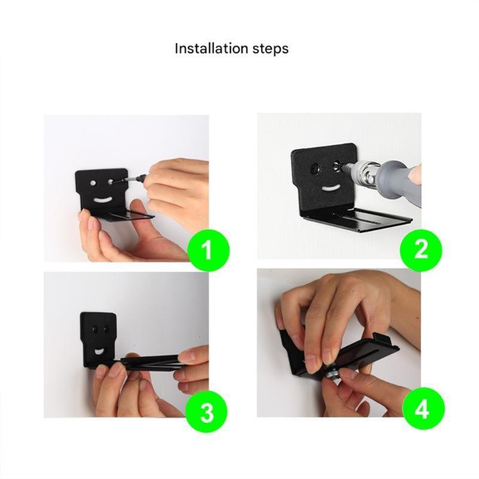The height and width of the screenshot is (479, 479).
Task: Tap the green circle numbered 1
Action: [207, 250]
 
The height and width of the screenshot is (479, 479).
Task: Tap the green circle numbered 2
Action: [421, 249]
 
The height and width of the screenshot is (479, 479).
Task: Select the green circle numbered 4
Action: [423, 410]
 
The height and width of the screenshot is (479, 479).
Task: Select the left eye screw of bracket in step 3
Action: [94, 329]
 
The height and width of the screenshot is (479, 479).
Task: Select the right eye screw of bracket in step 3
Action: [106, 329]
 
